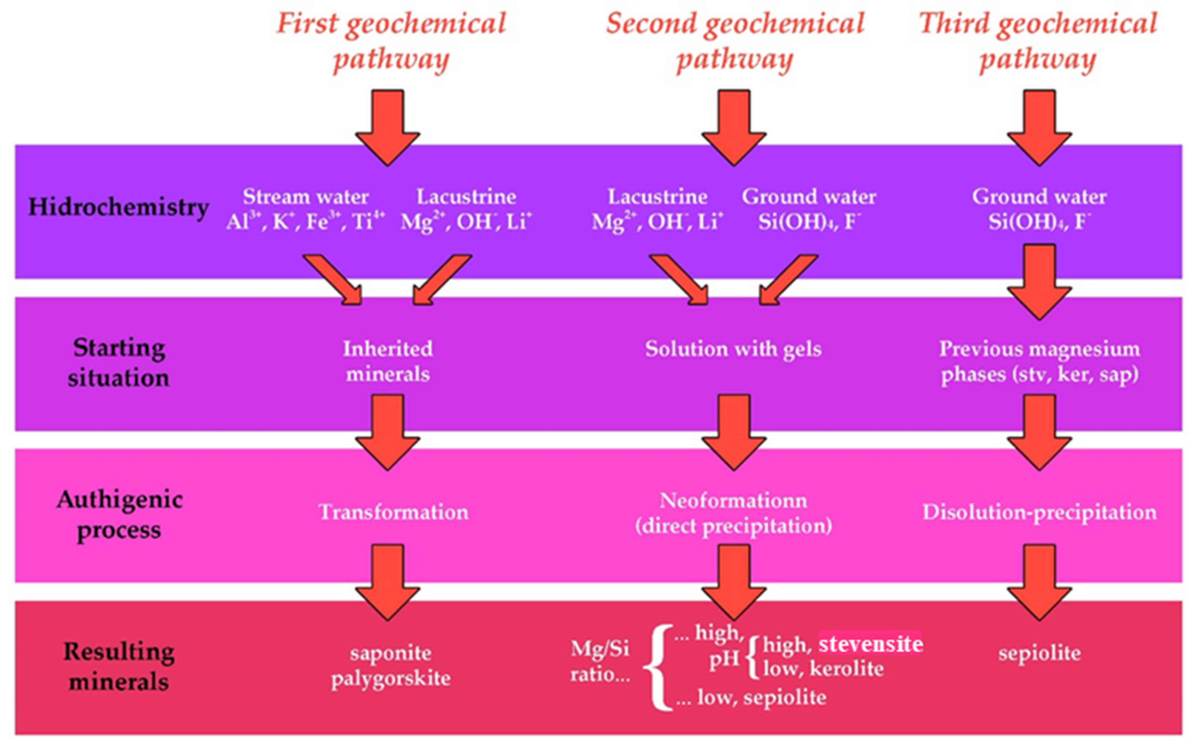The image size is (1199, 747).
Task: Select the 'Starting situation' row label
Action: coord(118,363)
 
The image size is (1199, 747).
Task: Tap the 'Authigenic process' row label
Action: coord(119,515)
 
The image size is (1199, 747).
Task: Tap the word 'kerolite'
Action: coord(846,669)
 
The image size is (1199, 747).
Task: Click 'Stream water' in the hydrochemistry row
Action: coord(305,197)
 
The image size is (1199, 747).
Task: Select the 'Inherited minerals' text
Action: coord(388,361)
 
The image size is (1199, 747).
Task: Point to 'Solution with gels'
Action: coord(733,349)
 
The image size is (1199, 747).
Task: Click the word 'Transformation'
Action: coord(393,512)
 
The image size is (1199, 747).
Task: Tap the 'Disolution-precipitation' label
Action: coord(1039,512)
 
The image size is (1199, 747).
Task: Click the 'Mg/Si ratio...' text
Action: coord(600,661)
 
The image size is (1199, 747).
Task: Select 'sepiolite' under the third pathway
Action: coord(1039,653)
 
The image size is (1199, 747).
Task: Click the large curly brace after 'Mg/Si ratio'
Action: coord(658,667)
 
